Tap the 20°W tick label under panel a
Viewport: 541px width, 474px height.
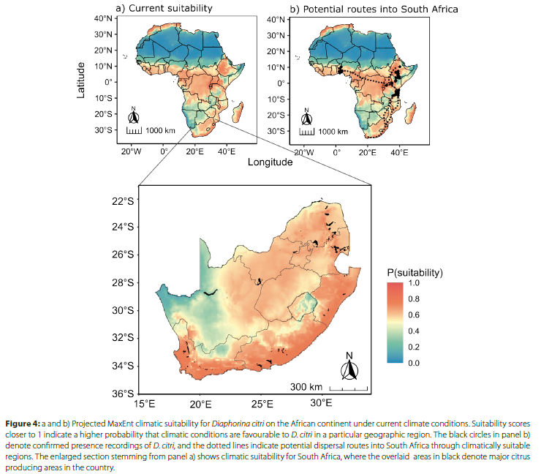[131, 151]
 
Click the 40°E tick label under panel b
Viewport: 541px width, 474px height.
[398, 151]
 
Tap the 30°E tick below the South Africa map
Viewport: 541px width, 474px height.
[322, 404]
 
